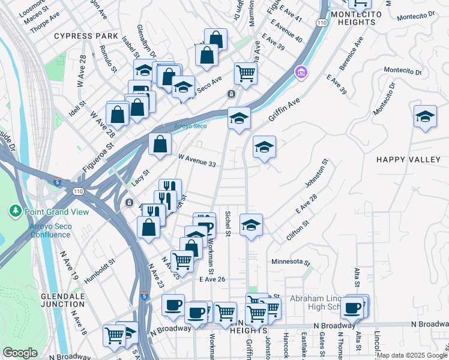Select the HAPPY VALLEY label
(x=408, y=159)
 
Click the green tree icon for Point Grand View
(x=15, y=211)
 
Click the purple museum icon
(x=301, y=73)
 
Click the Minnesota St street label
(x=291, y=263)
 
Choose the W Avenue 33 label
(x=198, y=161)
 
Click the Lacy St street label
(x=140, y=177)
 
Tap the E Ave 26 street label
(x=212, y=279)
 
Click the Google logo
(x=20, y=353)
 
